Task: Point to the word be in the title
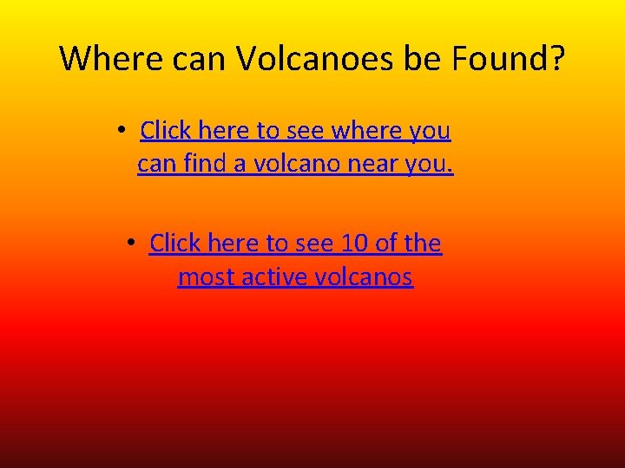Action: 418,58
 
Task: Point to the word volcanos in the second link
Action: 367,276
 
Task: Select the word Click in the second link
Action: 175,244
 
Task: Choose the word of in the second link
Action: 386,244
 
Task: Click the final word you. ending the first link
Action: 429,164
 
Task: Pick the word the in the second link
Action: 423,244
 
